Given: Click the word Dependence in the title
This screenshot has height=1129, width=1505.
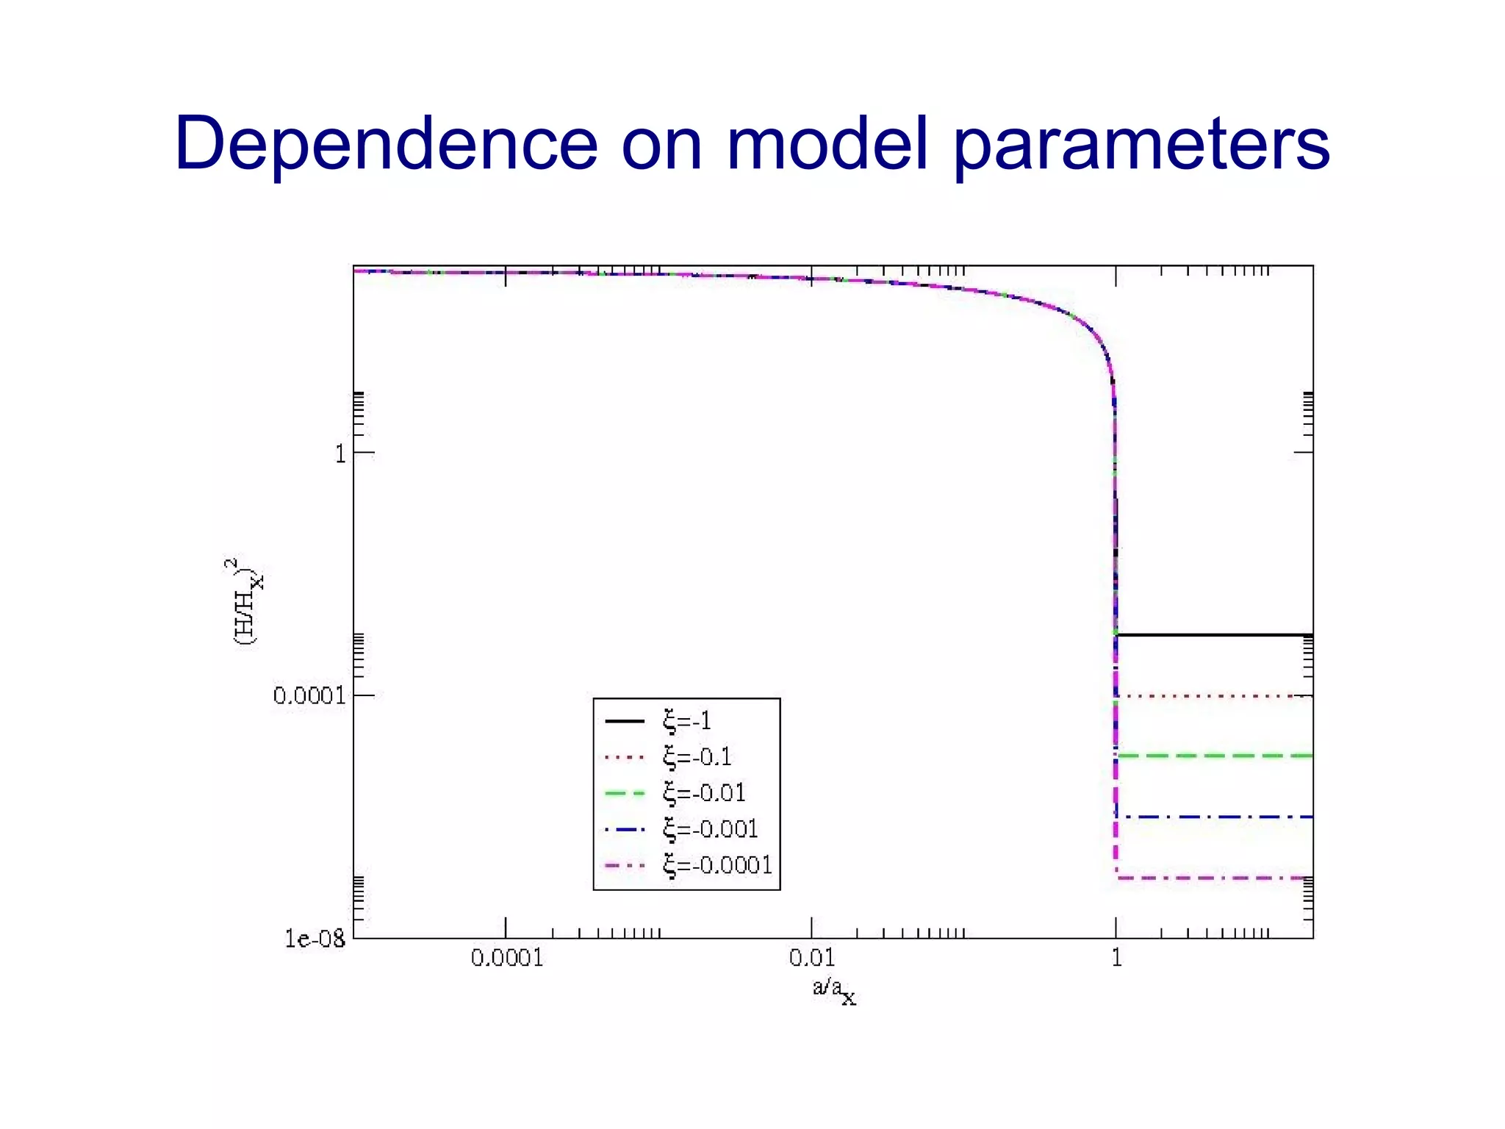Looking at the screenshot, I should click(386, 143).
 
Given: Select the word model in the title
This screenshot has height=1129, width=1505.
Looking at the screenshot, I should click(827, 143).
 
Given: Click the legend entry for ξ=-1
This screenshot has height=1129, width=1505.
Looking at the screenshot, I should click(686, 721).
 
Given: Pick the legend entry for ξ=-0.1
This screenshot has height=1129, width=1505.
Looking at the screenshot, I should click(697, 757).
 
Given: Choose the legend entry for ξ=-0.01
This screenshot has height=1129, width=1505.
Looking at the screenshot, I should click(704, 793).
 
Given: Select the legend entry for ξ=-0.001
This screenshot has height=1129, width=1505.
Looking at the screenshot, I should click(710, 829).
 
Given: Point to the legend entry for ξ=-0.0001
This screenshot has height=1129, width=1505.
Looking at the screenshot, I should click(717, 865).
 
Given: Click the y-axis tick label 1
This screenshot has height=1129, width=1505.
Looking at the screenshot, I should click(340, 454).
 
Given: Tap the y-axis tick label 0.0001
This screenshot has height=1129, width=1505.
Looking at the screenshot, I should click(309, 695).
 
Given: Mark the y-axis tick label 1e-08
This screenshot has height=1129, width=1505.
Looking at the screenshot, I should click(315, 939).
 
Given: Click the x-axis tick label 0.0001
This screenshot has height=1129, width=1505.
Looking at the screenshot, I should click(506, 958).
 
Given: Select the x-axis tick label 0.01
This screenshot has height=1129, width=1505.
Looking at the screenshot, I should click(812, 958).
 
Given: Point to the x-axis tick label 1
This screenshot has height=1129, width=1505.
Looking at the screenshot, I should click(1116, 958).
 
